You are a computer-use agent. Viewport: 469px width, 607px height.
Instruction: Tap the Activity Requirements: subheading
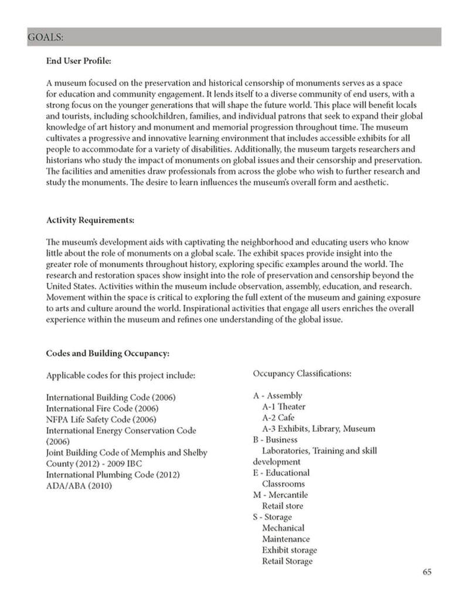[90, 220]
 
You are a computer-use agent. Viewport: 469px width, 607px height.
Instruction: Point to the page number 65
[427, 572]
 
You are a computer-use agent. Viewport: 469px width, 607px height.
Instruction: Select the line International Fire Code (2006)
[103, 408]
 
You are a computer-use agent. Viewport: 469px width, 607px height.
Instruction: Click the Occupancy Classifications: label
[302, 373]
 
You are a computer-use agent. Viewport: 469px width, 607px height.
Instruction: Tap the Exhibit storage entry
[290, 550]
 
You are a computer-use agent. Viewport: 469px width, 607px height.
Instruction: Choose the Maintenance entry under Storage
[286, 539]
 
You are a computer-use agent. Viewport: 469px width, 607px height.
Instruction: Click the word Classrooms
[283, 484]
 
